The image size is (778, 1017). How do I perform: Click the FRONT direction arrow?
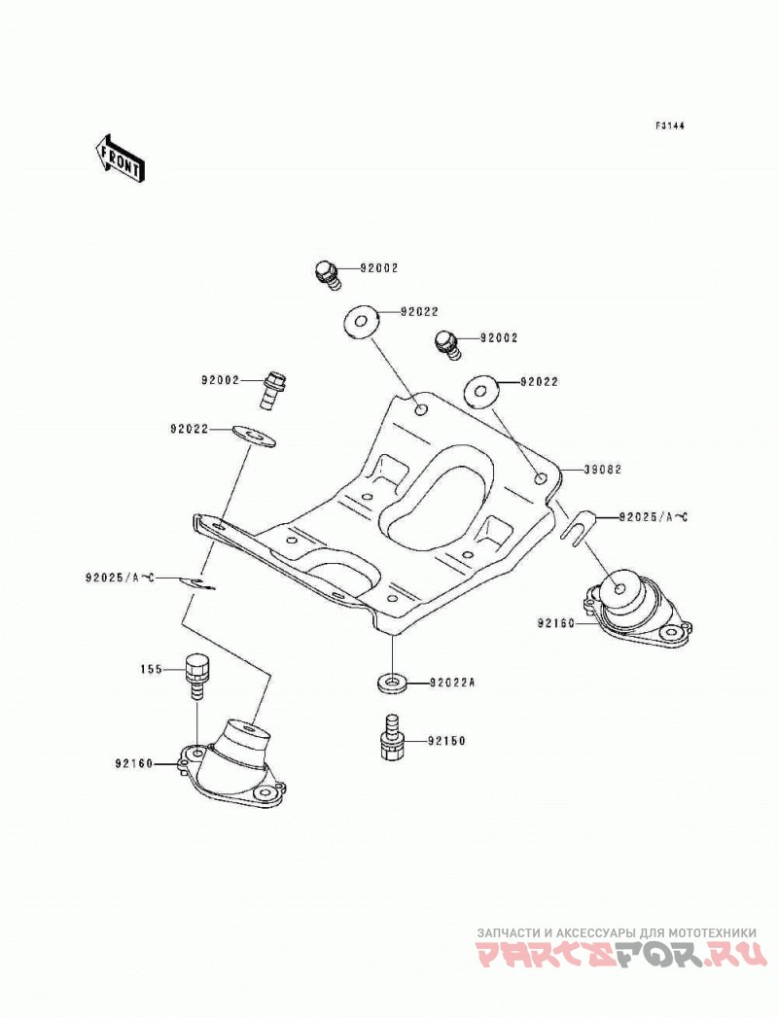tap(120, 158)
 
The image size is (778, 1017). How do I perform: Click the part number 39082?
tap(602, 469)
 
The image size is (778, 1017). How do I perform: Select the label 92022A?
tap(453, 683)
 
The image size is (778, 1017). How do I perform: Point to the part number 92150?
tap(446, 740)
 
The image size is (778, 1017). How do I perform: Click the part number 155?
tap(151, 669)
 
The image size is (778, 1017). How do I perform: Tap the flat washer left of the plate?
tap(254, 436)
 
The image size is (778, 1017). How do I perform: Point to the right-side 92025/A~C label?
tap(654, 517)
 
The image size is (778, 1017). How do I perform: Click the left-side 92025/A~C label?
tap(119, 577)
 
